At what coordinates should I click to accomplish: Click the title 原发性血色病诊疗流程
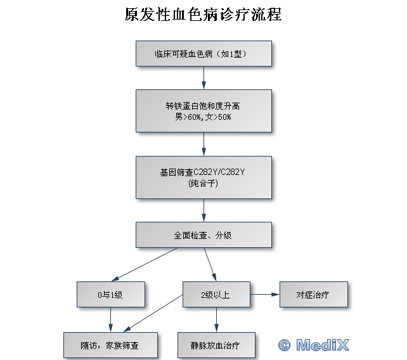pyautogui.click(x=203, y=15)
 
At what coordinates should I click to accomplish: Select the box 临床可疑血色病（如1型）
pyautogui.click(x=203, y=54)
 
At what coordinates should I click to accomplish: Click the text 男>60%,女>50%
pyautogui.click(x=203, y=117)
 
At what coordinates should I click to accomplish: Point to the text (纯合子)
pyautogui.click(x=203, y=184)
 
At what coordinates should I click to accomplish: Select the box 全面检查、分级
pyautogui.click(x=203, y=235)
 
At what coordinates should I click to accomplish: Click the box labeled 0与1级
pyautogui.click(x=111, y=295)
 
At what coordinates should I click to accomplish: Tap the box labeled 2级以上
pyautogui.click(x=216, y=295)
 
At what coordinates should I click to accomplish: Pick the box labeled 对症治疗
pyautogui.click(x=313, y=295)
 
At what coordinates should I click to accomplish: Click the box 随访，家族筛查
pyautogui.click(x=111, y=345)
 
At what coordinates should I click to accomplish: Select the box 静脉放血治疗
pyautogui.click(x=216, y=345)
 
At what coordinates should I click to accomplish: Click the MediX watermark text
pyautogui.click(x=322, y=345)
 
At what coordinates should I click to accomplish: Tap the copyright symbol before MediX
pyautogui.click(x=285, y=345)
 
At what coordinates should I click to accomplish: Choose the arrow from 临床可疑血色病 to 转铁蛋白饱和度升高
pyautogui.click(x=203, y=77)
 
